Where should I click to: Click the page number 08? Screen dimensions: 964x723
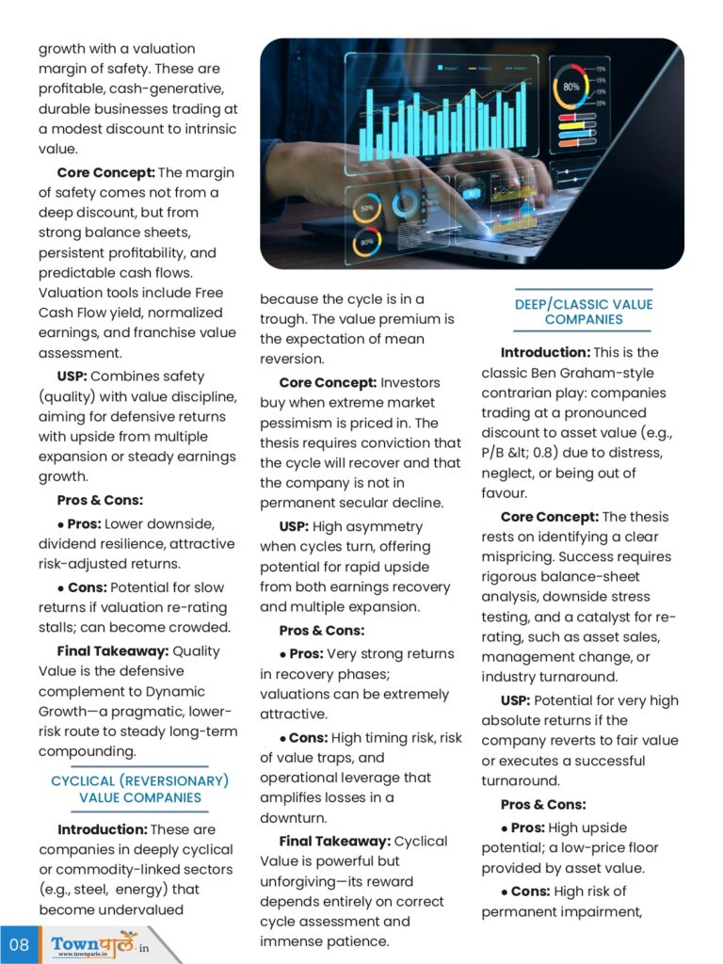click(19, 943)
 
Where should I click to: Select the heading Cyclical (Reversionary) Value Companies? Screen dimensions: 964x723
click(139, 789)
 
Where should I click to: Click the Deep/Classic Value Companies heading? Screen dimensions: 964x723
click(583, 312)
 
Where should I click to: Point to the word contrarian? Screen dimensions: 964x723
click(518, 393)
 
